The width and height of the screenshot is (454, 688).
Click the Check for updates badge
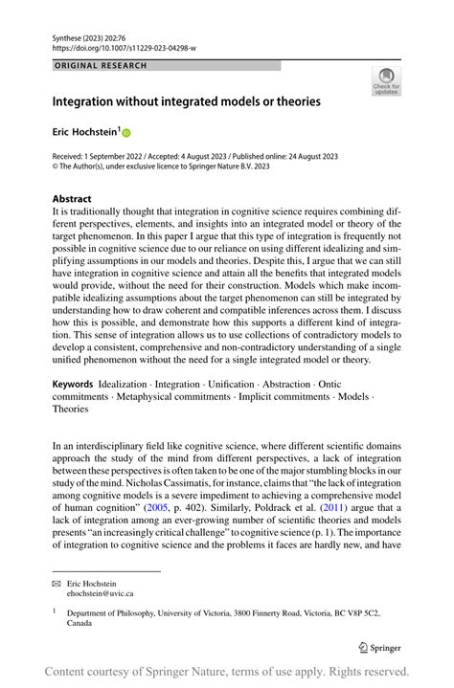click(x=386, y=82)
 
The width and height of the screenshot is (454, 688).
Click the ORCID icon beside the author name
click(x=125, y=135)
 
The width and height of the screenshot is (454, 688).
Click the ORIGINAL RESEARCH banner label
click(x=102, y=66)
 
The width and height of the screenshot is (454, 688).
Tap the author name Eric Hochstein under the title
click(x=83, y=135)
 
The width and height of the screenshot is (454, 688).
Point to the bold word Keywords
click(x=73, y=383)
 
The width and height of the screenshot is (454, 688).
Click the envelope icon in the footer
click(x=57, y=582)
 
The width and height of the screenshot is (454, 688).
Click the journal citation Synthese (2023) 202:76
click(x=96, y=35)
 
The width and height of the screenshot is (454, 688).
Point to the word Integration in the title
click(x=86, y=100)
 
